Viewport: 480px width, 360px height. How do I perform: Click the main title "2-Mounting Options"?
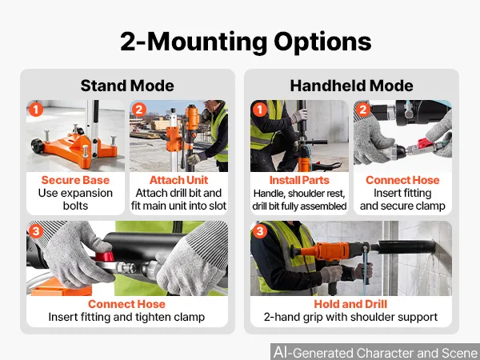point(246,42)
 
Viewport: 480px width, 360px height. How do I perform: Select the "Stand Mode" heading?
point(127,86)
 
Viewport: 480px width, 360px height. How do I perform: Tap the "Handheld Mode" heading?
point(351,86)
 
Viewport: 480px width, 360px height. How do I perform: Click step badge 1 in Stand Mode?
point(36,110)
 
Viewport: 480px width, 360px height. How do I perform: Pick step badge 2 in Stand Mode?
point(139,110)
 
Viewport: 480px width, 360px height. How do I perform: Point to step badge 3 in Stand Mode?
point(36,231)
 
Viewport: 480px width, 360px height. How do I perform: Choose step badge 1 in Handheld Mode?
point(260,110)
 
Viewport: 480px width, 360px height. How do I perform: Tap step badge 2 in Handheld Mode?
point(363,110)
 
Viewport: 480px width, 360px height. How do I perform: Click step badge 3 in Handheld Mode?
point(260,231)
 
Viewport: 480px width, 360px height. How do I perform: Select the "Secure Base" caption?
point(75,180)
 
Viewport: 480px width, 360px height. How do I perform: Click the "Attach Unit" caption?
point(178,180)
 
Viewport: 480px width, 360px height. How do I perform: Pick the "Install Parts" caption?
point(299,180)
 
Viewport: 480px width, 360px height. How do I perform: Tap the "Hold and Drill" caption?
point(351,304)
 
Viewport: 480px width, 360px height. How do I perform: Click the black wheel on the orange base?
point(37,145)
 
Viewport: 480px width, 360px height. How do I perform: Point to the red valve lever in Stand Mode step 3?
point(104,256)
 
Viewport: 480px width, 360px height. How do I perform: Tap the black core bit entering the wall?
point(406,246)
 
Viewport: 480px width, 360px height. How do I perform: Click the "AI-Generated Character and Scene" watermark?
point(376,352)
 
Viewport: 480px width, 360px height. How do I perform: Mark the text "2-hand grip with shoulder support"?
point(351,317)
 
